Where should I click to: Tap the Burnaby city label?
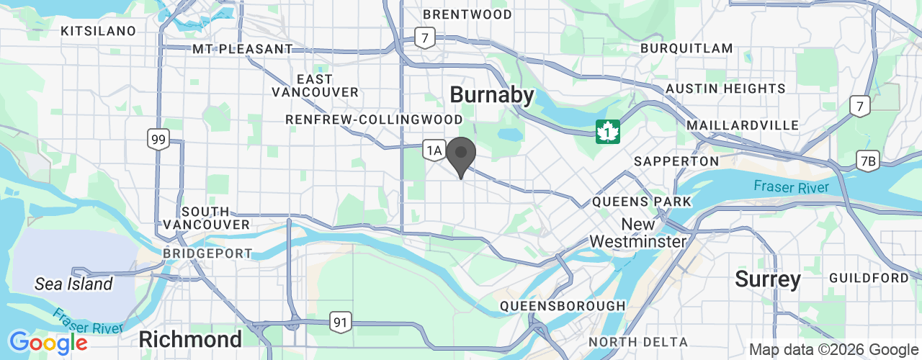(492, 95)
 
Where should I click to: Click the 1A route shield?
(433, 150)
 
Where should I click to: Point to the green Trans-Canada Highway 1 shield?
(608, 132)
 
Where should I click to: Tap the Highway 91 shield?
(341, 322)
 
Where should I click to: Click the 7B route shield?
(868, 161)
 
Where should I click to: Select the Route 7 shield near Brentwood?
(425, 38)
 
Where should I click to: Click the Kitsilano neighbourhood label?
(99, 31)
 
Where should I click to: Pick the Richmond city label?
(190, 339)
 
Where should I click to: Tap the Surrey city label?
(768, 279)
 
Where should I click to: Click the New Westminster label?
(638, 233)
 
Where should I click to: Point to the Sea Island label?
(73, 284)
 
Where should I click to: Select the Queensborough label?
(563, 306)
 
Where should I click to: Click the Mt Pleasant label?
(243, 49)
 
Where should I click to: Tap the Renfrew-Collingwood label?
(374, 119)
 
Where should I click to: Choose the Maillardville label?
(743, 125)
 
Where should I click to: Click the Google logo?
(48, 343)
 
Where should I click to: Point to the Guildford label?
(869, 278)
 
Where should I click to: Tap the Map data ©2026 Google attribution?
(833, 350)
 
